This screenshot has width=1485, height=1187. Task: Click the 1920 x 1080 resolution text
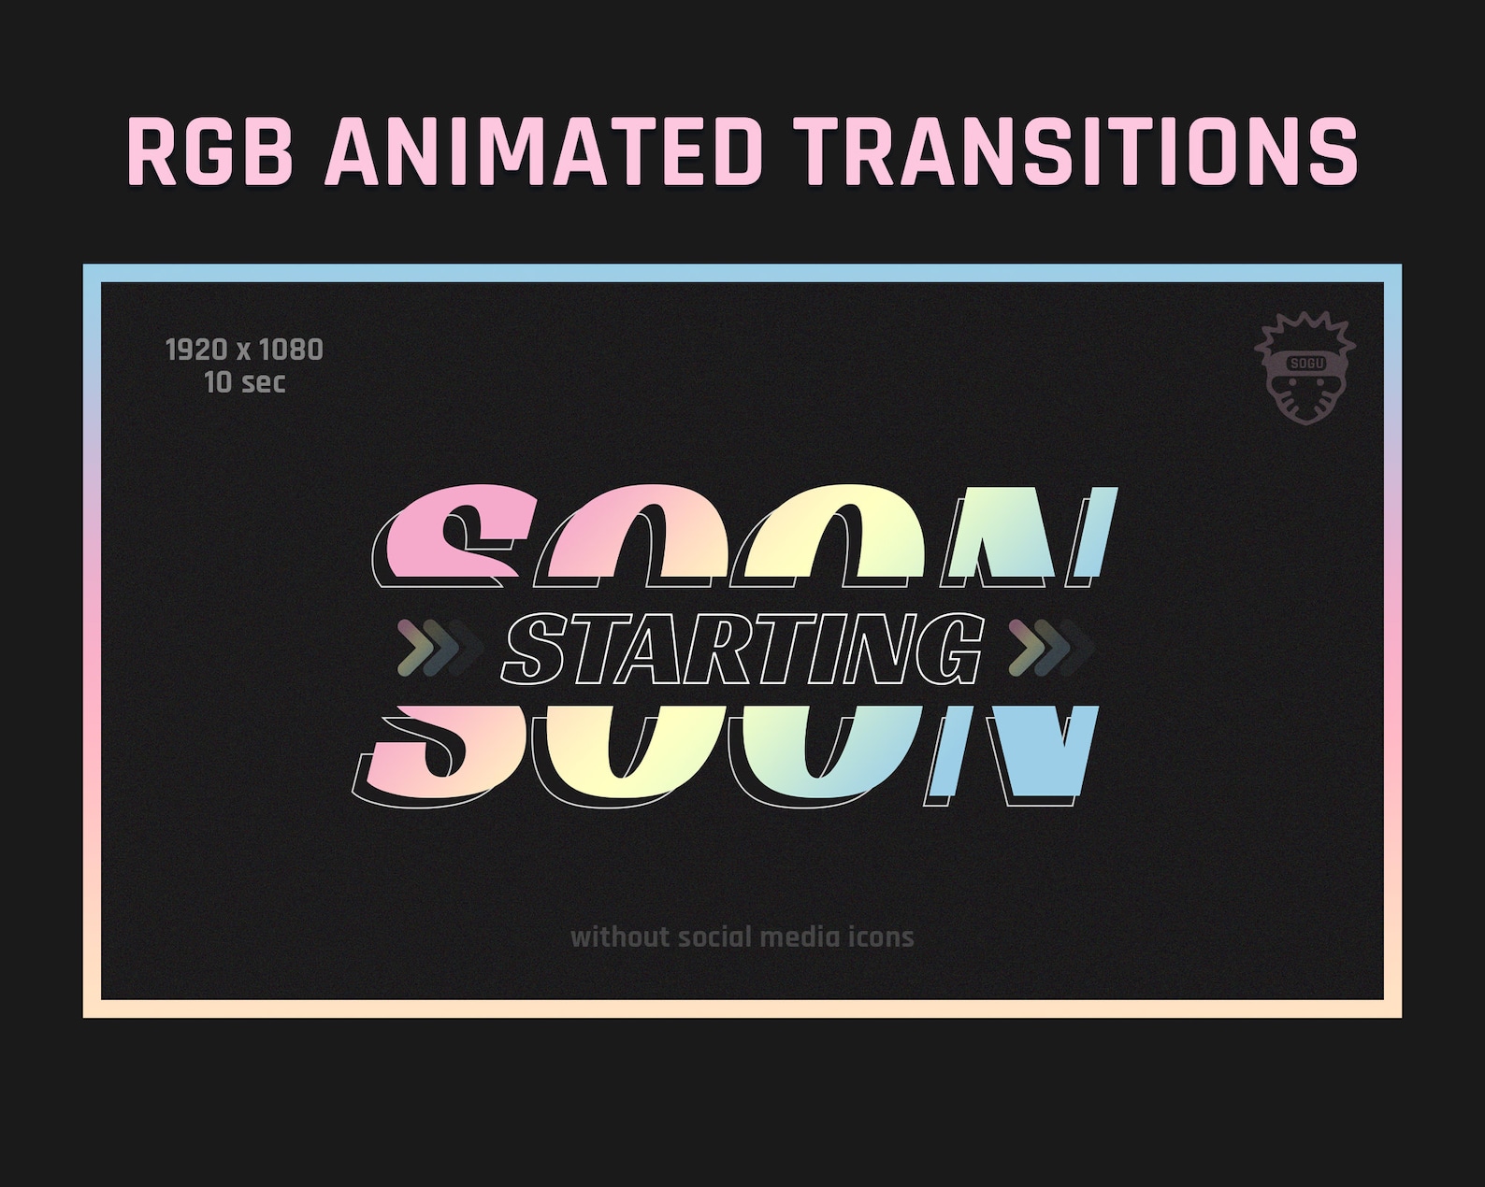(x=244, y=350)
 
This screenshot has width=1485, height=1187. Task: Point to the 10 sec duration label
(x=244, y=382)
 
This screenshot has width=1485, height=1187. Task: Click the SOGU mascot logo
(x=1305, y=370)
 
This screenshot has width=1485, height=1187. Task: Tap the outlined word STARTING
(x=743, y=649)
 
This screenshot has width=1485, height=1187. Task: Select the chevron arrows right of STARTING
(x=1050, y=647)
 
